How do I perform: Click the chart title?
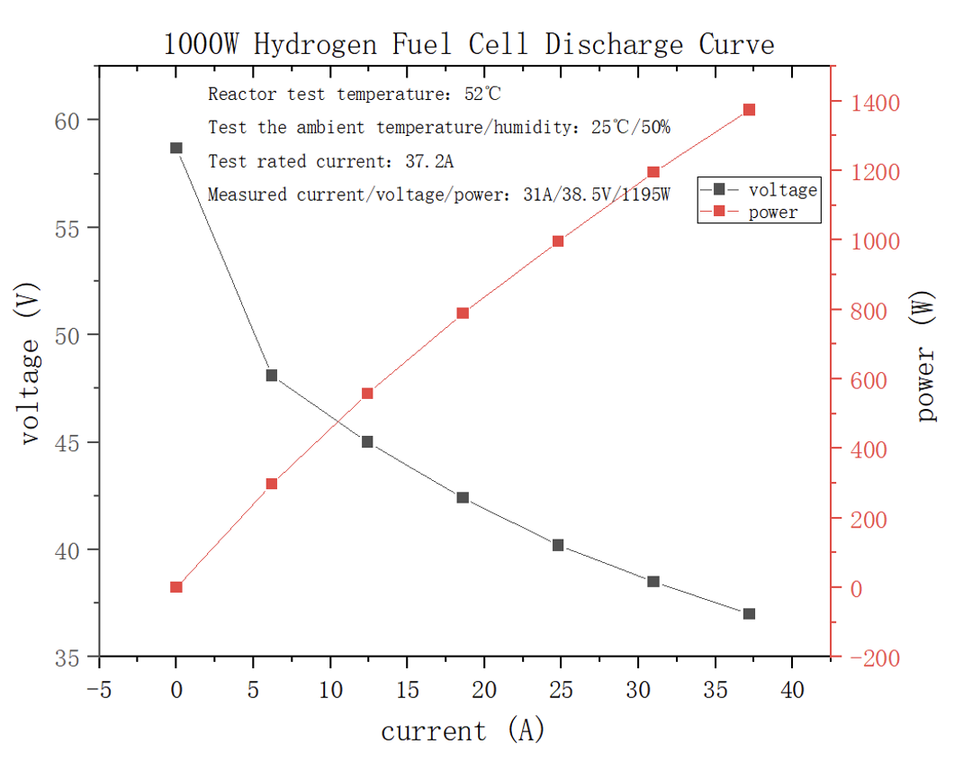tap(468, 44)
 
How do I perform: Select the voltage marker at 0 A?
tap(176, 148)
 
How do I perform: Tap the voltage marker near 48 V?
tap(272, 376)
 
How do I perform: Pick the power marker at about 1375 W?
tap(749, 110)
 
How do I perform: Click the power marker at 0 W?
tap(176, 587)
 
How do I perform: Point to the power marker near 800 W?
tap(463, 313)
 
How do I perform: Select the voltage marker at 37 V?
tap(749, 613)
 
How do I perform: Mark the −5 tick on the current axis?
tap(99, 691)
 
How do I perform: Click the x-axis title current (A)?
tap(463, 730)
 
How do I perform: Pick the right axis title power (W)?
tap(927, 356)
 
